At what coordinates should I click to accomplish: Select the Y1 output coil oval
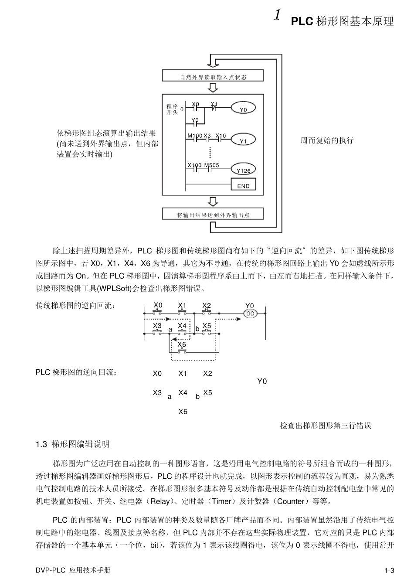(x=243, y=141)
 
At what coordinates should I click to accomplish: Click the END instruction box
(x=243, y=186)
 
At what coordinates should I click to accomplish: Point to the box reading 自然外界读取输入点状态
(x=213, y=77)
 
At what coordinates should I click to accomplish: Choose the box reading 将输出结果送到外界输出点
(x=213, y=215)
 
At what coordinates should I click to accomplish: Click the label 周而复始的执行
(x=327, y=141)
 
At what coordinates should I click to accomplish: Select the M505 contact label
(x=212, y=165)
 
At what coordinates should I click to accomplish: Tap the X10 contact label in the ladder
(x=221, y=136)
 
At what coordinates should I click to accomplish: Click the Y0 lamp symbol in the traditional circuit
(x=250, y=313)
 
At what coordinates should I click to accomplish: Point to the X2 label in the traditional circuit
(x=207, y=305)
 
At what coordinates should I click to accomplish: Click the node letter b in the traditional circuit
(x=197, y=328)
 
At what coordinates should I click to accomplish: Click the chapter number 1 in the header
(x=277, y=16)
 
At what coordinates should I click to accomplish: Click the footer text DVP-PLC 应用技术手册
(x=73, y=570)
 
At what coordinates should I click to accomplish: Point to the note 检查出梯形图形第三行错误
(x=325, y=426)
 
